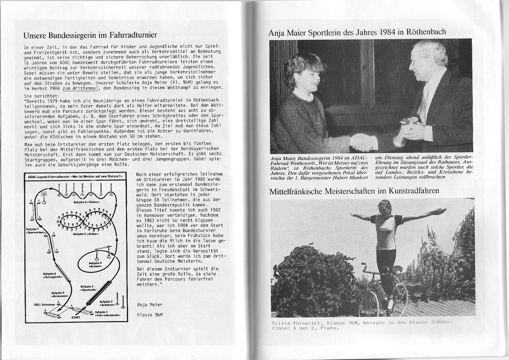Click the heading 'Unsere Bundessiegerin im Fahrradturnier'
90,35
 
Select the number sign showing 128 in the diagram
44,194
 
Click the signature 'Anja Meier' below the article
150,305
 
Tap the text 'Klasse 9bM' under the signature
150,314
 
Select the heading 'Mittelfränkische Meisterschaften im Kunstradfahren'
354,191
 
